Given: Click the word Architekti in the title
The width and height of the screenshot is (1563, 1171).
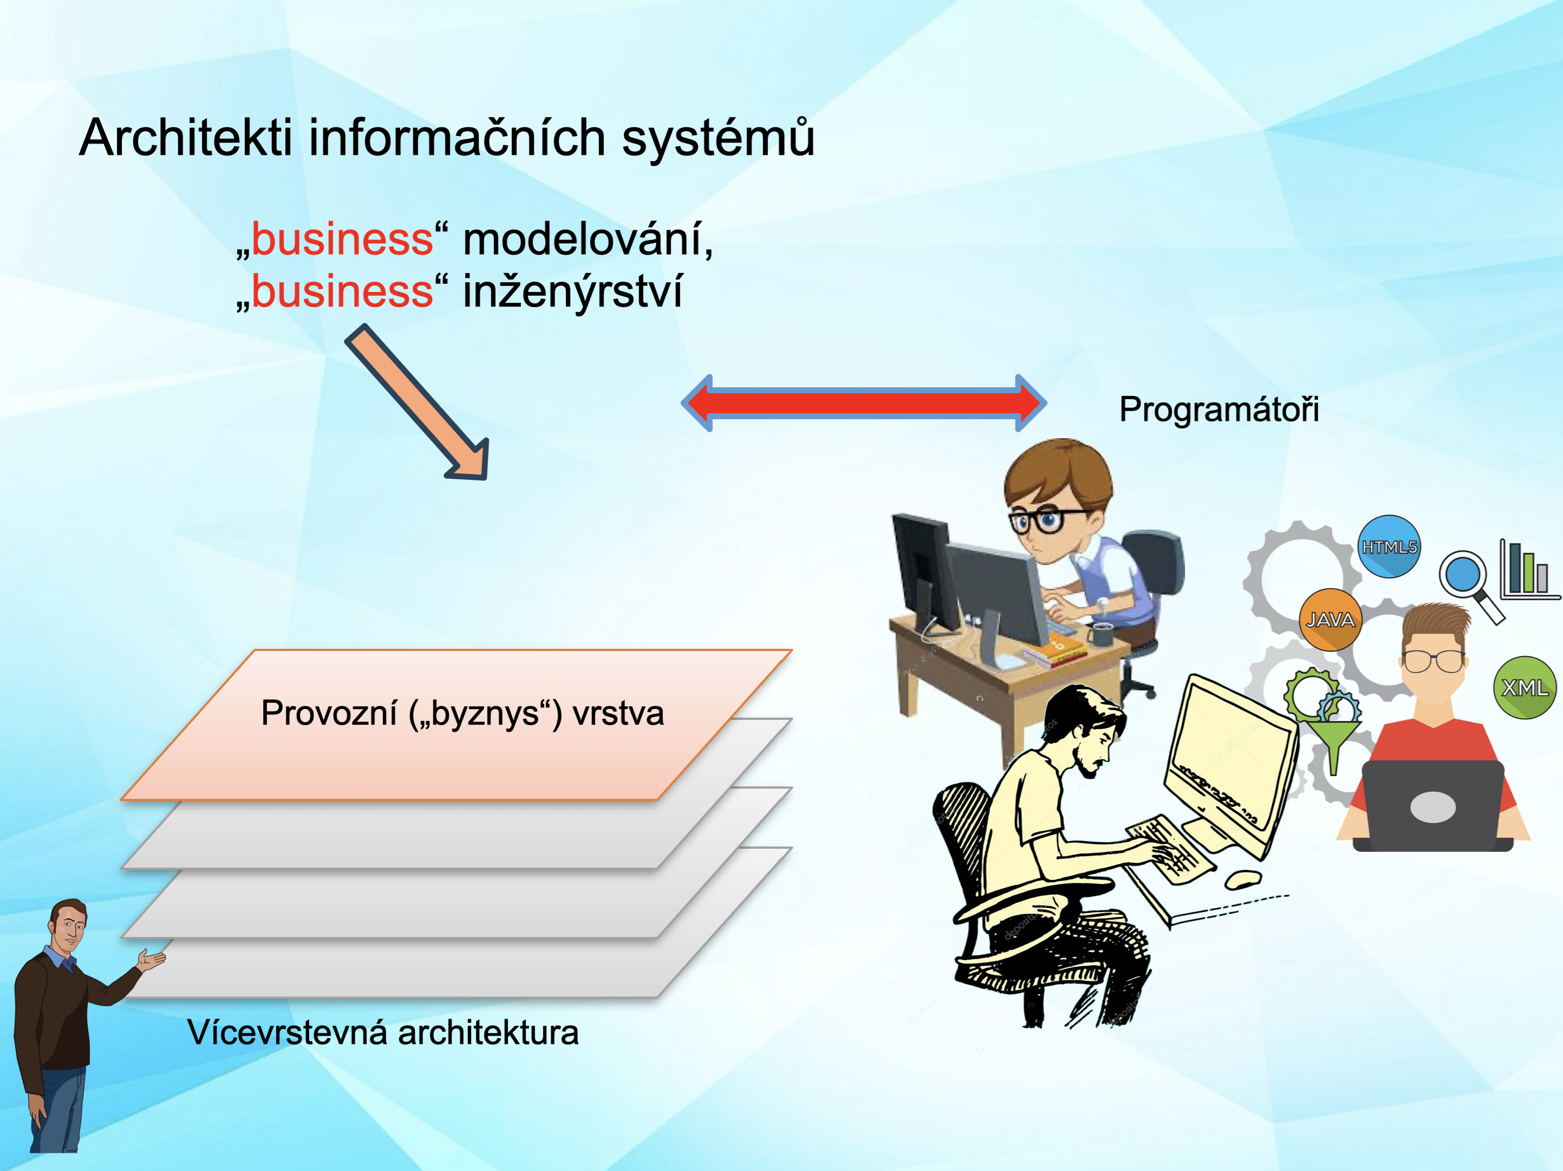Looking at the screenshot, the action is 185,137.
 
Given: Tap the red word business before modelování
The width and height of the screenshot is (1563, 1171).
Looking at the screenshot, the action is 342,239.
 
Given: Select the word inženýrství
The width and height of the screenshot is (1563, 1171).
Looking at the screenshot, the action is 572,291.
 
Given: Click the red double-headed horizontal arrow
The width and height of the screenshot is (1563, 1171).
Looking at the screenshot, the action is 863,403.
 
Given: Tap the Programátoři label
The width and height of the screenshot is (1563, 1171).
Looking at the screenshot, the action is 1219,409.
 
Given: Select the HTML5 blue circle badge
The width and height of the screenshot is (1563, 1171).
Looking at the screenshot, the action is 1389,547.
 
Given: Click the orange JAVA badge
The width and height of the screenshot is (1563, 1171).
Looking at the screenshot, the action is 1330,620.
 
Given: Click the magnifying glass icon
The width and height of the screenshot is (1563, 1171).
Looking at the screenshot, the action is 1471,584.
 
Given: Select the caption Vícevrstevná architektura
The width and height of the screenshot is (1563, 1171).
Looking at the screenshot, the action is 383,1032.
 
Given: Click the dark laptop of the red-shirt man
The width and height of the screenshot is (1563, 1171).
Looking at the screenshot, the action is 1433,805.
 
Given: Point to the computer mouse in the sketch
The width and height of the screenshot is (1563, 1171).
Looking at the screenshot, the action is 1243,879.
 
